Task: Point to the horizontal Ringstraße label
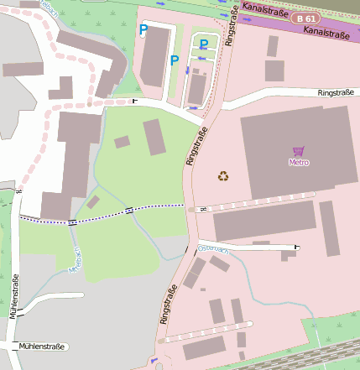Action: tap(337, 93)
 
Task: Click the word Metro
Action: tap(298, 162)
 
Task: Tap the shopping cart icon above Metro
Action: tap(298, 151)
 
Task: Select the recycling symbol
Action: tap(223, 175)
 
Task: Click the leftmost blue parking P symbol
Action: tap(143, 29)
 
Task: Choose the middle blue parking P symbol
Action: tap(175, 60)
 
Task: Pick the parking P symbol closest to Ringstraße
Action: tap(203, 43)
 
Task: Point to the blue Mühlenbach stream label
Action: tap(76, 260)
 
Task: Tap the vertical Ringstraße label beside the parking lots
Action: tap(231, 30)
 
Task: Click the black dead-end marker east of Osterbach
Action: tap(297, 247)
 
